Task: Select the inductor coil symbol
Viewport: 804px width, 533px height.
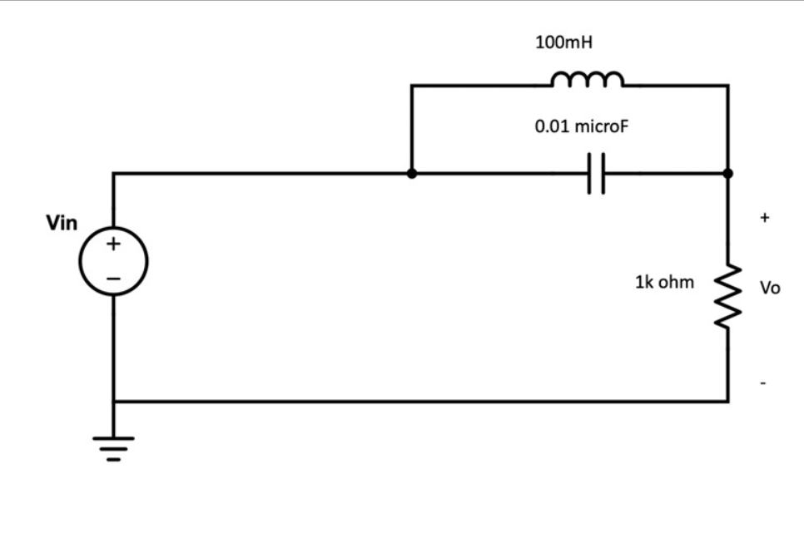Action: (587, 79)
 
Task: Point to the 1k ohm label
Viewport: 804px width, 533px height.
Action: (663, 282)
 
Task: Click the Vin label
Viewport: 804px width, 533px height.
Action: (62, 224)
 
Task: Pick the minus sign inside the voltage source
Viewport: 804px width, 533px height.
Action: (113, 277)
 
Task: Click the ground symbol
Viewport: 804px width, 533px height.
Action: (114, 448)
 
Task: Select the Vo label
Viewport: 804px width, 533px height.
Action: (770, 288)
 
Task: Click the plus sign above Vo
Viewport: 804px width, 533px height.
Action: (765, 218)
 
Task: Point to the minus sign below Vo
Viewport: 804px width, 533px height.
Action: (763, 384)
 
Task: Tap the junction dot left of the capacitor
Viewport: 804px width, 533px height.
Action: (411, 173)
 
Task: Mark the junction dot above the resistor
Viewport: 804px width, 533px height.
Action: (728, 173)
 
